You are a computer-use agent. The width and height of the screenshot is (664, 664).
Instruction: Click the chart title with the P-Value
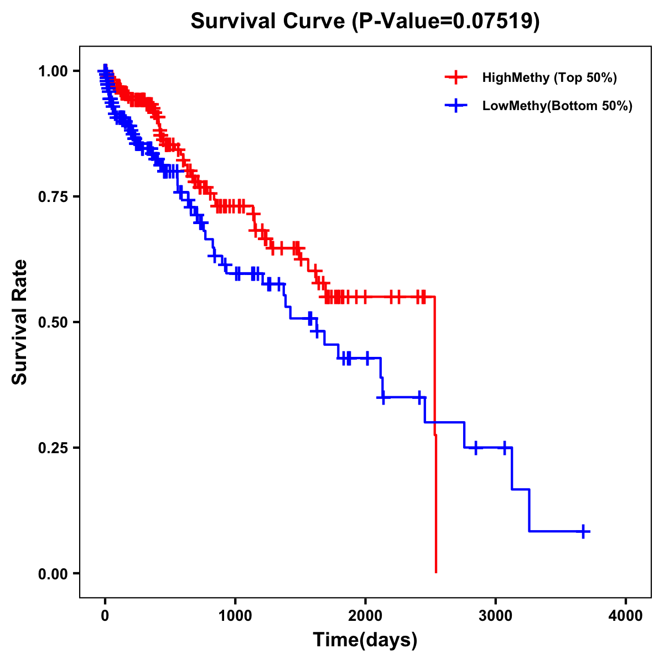[x=365, y=22]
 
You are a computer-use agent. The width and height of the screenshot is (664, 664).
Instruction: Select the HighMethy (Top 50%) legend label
[x=549, y=77]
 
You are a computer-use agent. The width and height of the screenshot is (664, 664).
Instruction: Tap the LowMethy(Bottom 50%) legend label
[x=557, y=106]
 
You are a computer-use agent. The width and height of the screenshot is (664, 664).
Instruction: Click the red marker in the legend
[x=456, y=77]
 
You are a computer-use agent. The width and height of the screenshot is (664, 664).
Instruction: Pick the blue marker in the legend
[x=456, y=106]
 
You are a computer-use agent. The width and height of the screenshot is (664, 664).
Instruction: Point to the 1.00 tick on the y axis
[x=53, y=71]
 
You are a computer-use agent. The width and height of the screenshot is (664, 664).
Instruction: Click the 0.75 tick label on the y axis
[x=53, y=196]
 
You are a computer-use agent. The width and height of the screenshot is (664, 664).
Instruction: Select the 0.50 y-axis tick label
[x=53, y=322]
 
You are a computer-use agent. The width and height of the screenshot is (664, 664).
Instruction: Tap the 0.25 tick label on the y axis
[x=53, y=448]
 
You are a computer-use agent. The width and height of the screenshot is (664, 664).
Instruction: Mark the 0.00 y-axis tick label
[x=53, y=573]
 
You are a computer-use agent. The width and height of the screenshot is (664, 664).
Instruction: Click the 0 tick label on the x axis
[x=105, y=616]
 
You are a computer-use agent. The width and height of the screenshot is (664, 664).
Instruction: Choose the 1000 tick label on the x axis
[x=235, y=616]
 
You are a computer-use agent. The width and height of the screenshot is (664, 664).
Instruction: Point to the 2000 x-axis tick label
[x=365, y=616]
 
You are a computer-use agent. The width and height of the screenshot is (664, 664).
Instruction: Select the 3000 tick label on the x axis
[x=496, y=616]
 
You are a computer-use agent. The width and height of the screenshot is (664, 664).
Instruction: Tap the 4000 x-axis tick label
[x=626, y=616]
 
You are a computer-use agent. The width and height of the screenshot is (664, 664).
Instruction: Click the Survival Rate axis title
[x=20, y=322]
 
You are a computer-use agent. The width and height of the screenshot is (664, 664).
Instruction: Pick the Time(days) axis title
[x=365, y=640]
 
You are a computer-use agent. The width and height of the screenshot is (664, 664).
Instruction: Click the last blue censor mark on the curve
[x=583, y=531]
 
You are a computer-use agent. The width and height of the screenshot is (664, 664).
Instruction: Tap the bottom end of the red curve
[x=436, y=572]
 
